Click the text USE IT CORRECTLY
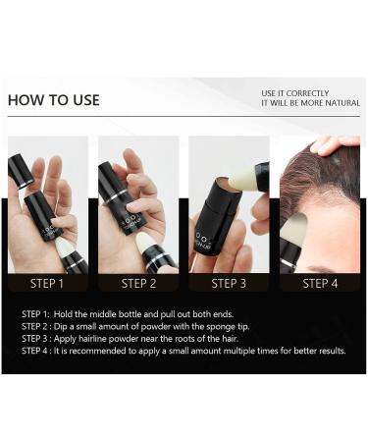(295, 92)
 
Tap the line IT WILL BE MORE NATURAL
(310, 104)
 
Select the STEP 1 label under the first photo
(47, 283)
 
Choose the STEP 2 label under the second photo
(138, 283)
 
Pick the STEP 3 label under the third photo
(229, 283)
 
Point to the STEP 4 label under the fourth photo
(319, 283)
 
